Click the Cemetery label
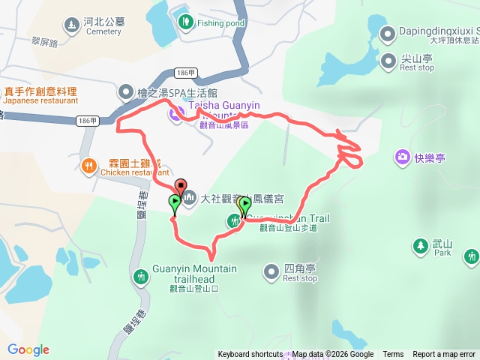(103, 31)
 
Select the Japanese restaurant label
(41, 100)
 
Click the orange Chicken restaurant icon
(88, 166)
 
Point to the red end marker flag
(180, 185)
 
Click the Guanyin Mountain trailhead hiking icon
(140, 277)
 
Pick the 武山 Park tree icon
(419, 245)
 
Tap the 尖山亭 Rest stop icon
(388, 60)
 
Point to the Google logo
(28, 349)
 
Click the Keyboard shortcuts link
(250, 355)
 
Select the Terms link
(393, 355)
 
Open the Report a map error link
(444, 355)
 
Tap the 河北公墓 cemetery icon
(72, 25)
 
